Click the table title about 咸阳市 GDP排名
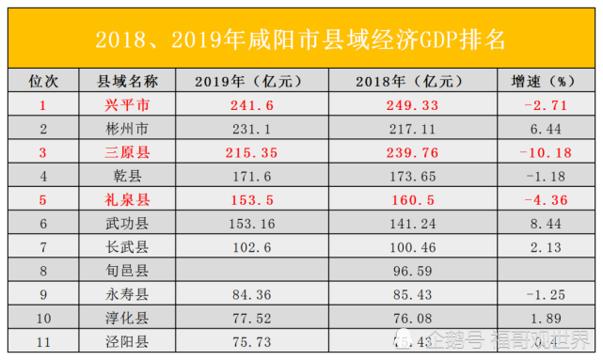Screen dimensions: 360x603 pyautogui.click(x=301, y=40)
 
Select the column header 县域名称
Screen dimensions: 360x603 pyautogui.click(x=126, y=81)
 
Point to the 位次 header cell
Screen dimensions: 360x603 pyautogui.click(x=41, y=81)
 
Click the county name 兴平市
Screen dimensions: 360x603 pyautogui.click(x=126, y=104)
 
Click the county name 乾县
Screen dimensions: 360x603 pyautogui.click(x=126, y=174)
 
